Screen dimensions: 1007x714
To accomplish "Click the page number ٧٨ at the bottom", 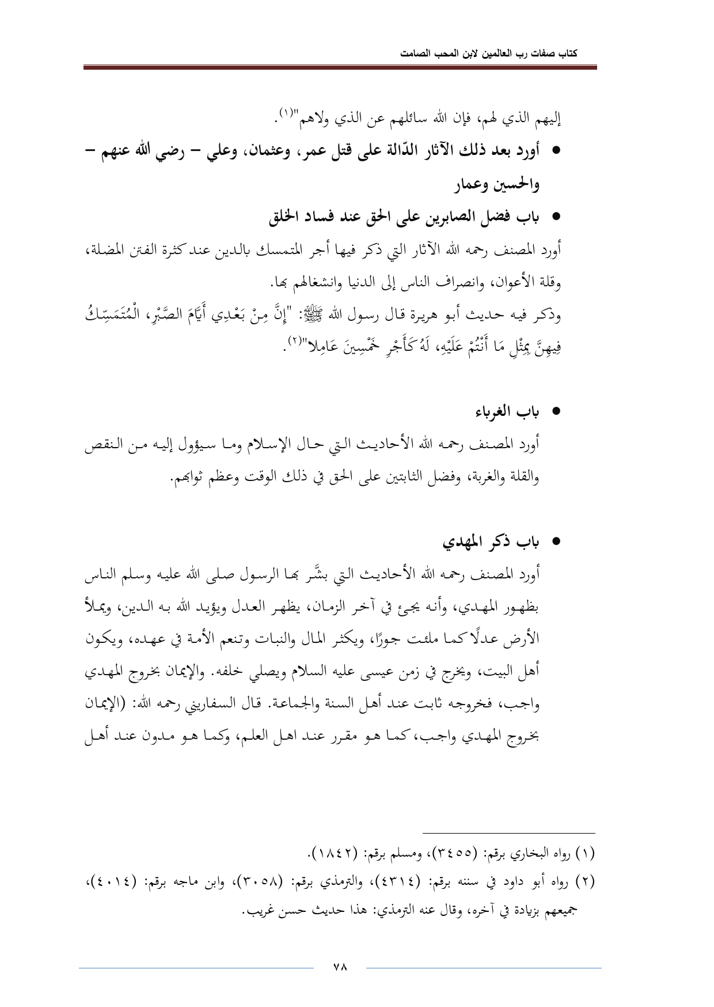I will point(340,967).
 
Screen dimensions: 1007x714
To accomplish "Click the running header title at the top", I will point(489,54).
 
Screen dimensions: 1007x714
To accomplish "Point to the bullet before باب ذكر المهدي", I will point(556,543).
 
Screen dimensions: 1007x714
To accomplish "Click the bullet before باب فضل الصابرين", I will point(556,218).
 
